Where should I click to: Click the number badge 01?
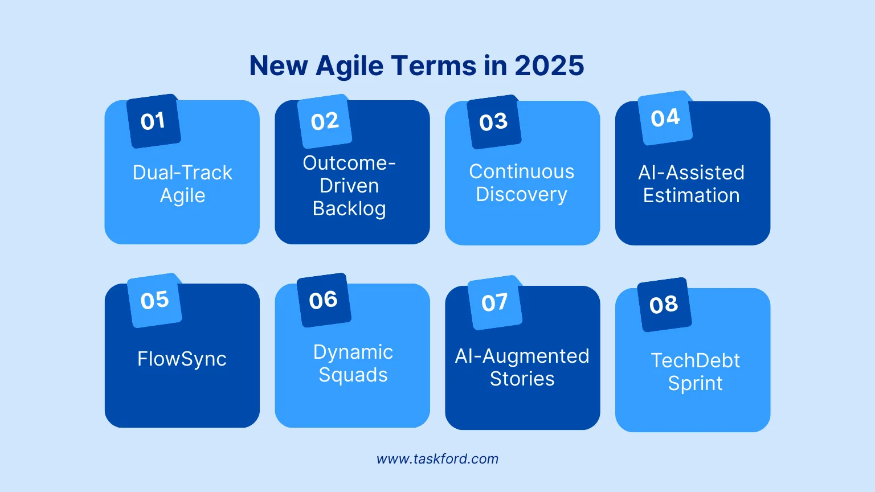[153, 121]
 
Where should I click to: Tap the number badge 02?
[325, 121]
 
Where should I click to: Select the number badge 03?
[493, 122]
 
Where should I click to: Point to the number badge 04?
[665, 118]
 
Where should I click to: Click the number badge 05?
[154, 300]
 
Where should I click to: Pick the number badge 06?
[324, 300]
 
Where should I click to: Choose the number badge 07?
[494, 302]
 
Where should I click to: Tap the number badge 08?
[664, 305]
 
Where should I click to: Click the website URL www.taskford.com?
[437, 459]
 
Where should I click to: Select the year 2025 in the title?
[549, 65]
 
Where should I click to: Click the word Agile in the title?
[349, 65]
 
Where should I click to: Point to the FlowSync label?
[182, 359]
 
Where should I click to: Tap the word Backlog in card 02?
[349, 209]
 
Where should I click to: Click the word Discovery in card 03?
[521, 195]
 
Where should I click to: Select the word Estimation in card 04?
[691, 195]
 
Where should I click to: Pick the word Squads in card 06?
[353, 375]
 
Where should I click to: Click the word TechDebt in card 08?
[695, 360]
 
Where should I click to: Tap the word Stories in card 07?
[522, 379]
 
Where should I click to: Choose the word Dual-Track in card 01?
[182, 173]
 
